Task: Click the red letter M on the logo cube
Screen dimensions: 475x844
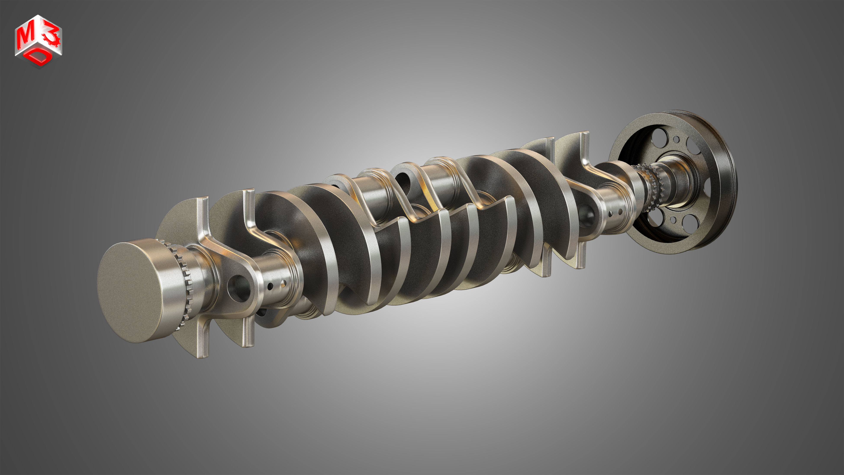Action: point(25,37)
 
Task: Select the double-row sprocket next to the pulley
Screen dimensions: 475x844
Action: point(650,187)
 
